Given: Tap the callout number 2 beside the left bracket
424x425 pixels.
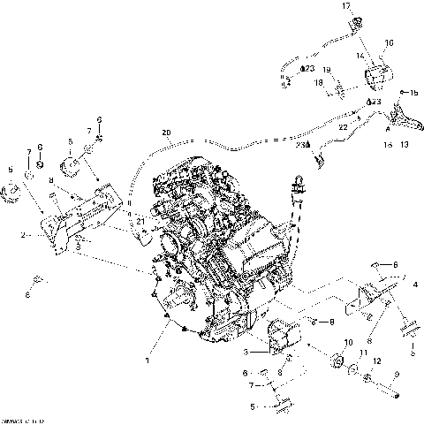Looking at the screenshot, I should tap(24, 236).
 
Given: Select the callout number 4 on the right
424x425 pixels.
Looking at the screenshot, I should tap(415, 284).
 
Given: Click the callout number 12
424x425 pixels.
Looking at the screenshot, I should tap(378, 361).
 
